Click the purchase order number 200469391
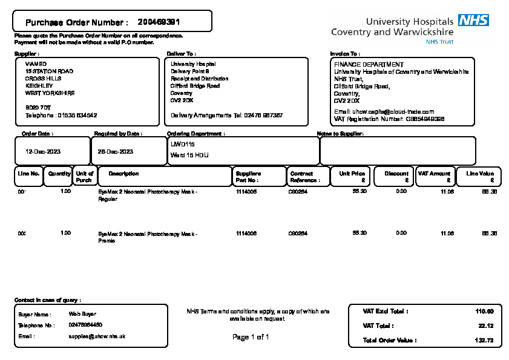159,22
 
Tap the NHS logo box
473,21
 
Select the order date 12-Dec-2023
42,151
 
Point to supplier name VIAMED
36,64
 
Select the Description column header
123,174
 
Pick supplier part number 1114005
246,191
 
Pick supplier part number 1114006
246,233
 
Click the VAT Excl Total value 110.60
484,311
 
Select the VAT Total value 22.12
486,326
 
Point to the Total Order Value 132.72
484,341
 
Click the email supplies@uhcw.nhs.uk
97,336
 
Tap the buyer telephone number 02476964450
85,325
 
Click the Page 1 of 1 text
251,337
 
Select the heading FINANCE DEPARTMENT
369,64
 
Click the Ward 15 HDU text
189,155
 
